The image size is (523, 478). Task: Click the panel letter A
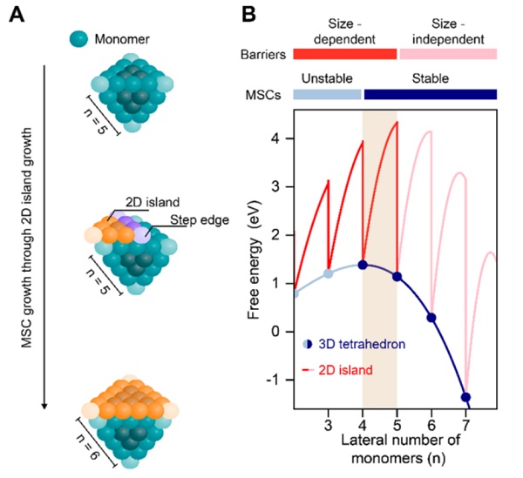[x=17, y=15]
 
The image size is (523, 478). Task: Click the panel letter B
[x=248, y=15]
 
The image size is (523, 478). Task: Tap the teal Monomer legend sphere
[x=78, y=39]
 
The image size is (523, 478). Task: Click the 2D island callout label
[x=153, y=202]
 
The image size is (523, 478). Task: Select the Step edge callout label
[x=200, y=220]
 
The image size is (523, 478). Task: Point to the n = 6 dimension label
[x=90, y=448]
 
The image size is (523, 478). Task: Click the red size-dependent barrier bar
[x=345, y=54]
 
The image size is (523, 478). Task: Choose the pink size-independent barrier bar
[x=448, y=54]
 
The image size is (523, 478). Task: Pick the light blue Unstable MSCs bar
[x=327, y=94]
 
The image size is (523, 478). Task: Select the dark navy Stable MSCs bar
[x=431, y=94]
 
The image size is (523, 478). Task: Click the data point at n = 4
[x=363, y=266]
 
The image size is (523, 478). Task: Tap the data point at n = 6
[x=431, y=318]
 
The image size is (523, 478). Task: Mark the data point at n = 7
[x=465, y=397]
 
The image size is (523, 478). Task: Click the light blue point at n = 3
[x=329, y=273]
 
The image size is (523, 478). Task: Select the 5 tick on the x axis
[x=397, y=426]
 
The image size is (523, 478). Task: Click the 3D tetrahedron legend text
[x=362, y=344]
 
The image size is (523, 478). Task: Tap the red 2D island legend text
[x=345, y=370]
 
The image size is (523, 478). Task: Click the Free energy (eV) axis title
[x=254, y=259]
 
